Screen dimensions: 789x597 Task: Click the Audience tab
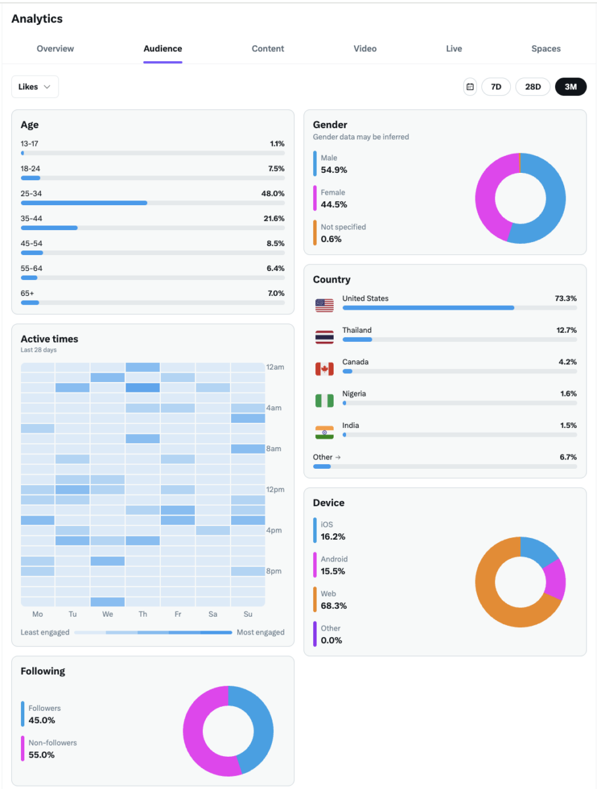pyautogui.click(x=163, y=49)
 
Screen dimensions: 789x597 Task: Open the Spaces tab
pyautogui.click(x=546, y=49)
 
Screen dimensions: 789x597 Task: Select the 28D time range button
pyautogui.click(x=533, y=87)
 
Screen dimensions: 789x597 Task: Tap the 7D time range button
pyautogui.click(x=496, y=87)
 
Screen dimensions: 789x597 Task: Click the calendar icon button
pyautogui.click(x=470, y=87)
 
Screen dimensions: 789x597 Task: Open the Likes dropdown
pyautogui.click(x=35, y=87)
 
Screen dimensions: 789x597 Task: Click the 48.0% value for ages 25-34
pyautogui.click(x=273, y=194)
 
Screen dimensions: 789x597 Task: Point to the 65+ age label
pyautogui.click(x=28, y=293)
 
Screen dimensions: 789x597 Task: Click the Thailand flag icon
pyautogui.click(x=324, y=337)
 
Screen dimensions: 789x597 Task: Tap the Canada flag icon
pyautogui.click(x=324, y=369)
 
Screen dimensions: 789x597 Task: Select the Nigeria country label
pyautogui.click(x=354, y=394)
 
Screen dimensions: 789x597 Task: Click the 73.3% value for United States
pyautogui.click(x=565, y=299)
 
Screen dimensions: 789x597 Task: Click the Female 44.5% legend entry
pyautogui.click(x=334, y=199)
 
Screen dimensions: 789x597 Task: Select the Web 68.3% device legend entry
pyautogui.click(x=334, y=600)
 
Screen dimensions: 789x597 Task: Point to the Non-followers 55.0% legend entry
pyautogui.click(x=53, y=749)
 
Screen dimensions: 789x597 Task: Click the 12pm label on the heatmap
pyautogui.click(x=275, y=489)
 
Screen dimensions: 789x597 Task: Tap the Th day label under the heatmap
pyautogui.click(x=143, y=614)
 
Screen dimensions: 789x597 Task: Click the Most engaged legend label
pyautogui.click(x=261, y=633)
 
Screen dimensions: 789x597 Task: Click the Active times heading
pyautogui.click(x=49, y=339)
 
